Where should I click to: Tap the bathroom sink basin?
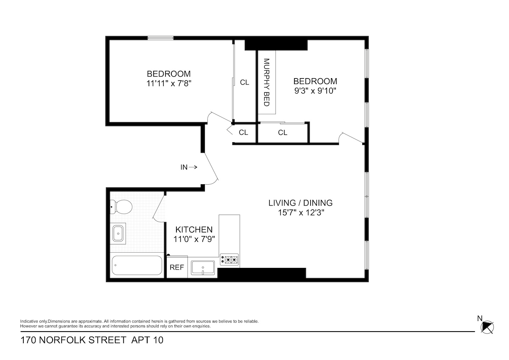coord(118,233)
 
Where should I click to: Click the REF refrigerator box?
coord(177,267)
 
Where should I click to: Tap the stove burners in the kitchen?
coord(229,259)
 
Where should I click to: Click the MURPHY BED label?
coord(267,82)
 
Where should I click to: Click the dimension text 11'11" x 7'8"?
coord(169,83)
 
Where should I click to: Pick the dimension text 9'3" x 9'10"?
coord(315,90)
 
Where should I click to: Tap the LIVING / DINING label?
coord(300,203)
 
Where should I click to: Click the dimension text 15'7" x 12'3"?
coord(300,213)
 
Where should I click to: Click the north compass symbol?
coord(487,326)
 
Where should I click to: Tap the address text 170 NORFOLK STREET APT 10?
coord(91,340)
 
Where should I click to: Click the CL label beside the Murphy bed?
coord(244,82)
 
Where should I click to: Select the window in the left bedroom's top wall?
coord(160,38)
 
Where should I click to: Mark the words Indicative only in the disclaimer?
coord(34,321)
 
